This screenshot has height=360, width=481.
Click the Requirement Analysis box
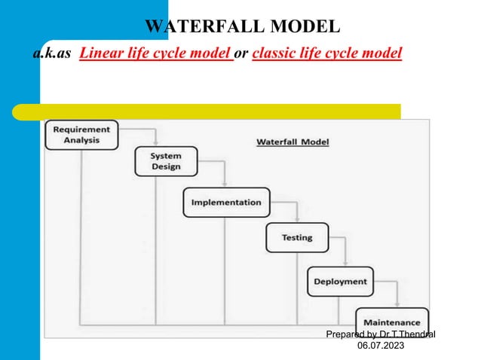(81, 135)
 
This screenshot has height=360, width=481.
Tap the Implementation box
(226, 202)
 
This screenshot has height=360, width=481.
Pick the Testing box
(297, 237)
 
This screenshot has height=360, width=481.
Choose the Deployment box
(340, 282)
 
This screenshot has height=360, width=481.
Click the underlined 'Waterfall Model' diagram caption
(293, 142)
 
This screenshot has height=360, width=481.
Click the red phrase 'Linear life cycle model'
(155, 54)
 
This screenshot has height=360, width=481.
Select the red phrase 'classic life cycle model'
(327, 54)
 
